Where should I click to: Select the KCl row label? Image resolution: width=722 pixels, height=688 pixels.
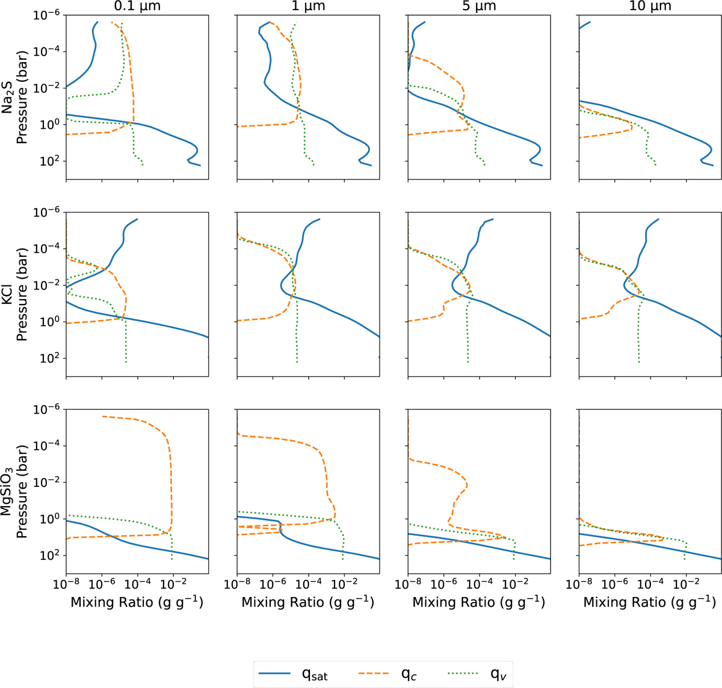[8, 295]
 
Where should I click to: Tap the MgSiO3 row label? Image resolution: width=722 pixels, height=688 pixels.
[8, 492]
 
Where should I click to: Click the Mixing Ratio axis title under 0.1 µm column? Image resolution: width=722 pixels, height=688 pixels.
[137, 603]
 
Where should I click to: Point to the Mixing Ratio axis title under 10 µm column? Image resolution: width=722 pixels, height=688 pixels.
[650, 603]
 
